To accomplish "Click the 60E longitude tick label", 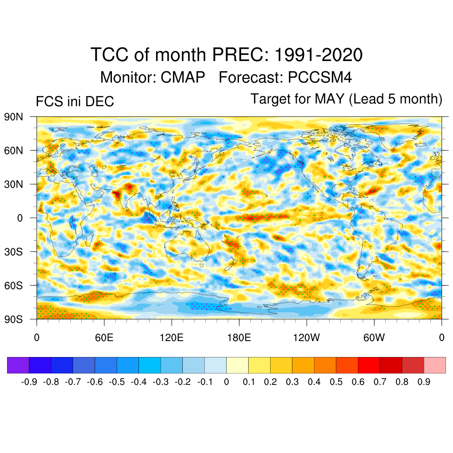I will point(104,338).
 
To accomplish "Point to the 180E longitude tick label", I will point(239,338).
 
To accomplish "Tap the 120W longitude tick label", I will point(307,338).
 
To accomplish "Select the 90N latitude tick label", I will point(14,117).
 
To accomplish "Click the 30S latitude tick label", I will point(14,252).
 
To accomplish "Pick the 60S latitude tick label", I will point(14,285).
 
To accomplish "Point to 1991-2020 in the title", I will point(319,55).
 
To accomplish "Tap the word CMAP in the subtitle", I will point(183,77).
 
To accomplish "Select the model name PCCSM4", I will point(320,77).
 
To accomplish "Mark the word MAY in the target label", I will point(330,99).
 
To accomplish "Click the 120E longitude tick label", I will point(171,338).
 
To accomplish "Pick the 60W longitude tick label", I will point(374,338).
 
